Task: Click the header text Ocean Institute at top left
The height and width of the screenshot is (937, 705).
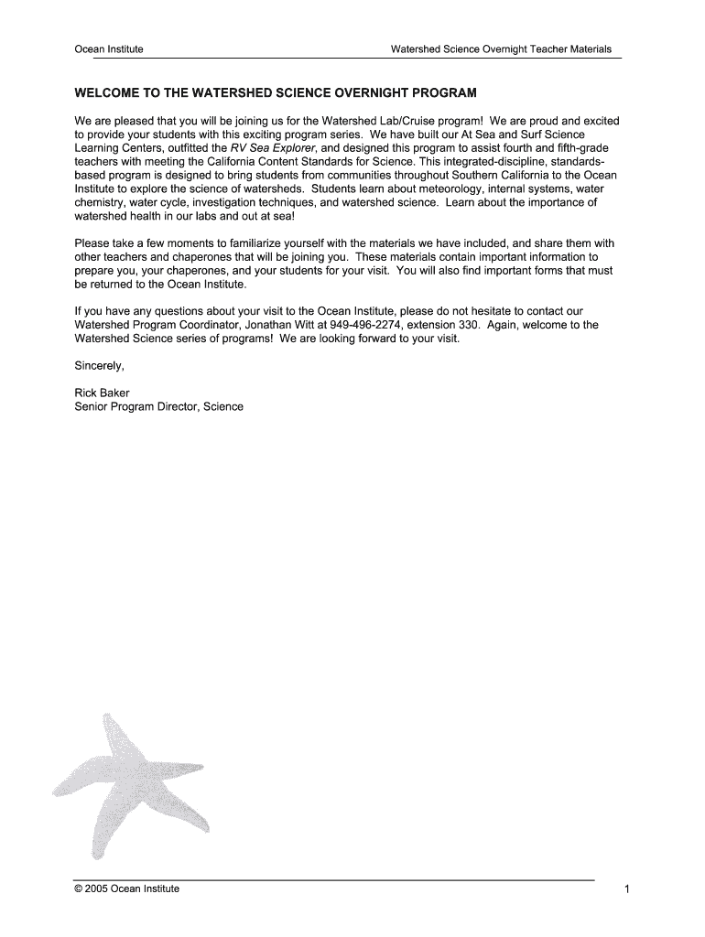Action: tap(108, 49)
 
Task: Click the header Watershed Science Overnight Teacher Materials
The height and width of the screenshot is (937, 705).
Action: tap(501, 49)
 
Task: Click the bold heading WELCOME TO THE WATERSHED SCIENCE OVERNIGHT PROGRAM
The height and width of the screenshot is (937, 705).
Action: tap(276, 93)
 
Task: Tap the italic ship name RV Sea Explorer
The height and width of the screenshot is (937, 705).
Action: tap(273, 148)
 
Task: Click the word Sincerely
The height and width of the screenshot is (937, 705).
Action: tap(98, 366)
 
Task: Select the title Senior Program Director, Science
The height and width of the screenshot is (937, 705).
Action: tap(158, 406)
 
